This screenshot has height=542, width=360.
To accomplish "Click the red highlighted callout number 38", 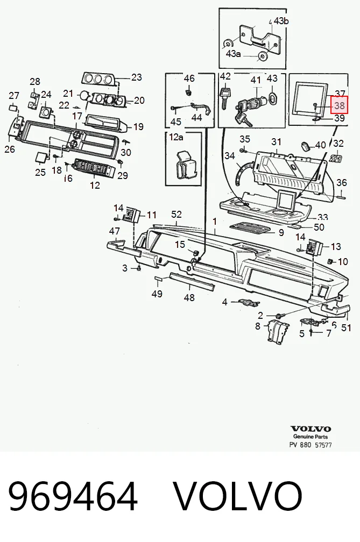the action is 339,105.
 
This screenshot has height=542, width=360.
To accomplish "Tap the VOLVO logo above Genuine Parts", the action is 310,429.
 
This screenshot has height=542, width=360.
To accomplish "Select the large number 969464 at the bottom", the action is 73,496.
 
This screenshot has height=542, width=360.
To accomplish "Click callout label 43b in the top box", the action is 281,21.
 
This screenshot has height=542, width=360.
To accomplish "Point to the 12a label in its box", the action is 176,137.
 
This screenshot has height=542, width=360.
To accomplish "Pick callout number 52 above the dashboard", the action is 177,215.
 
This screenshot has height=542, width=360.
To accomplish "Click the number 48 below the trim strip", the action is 189,297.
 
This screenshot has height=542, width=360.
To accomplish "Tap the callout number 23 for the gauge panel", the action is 137,77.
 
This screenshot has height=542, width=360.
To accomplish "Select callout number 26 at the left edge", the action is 10,149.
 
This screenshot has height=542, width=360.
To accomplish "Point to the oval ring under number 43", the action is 272,97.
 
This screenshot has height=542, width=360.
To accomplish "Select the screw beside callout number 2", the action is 280,316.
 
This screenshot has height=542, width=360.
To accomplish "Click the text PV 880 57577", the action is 310,445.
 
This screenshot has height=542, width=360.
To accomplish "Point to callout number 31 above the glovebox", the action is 276,142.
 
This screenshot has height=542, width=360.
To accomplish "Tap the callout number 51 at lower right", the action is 346,327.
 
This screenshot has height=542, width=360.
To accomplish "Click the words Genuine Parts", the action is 310,437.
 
